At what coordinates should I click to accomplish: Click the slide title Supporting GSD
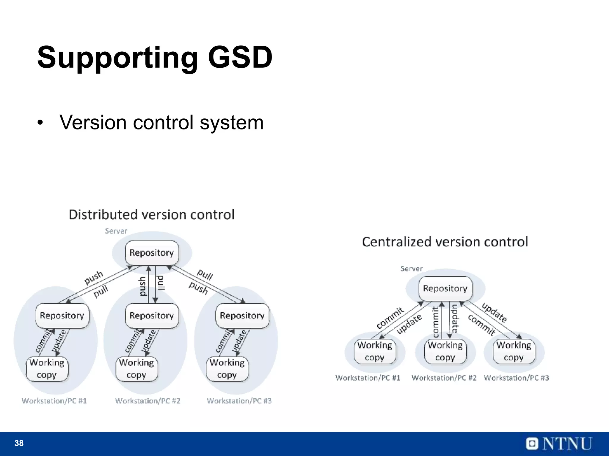point(155,57)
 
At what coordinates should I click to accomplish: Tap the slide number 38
point(19,443)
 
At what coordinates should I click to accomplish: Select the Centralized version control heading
point(445,242)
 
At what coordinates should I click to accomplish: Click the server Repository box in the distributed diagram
point(152,253)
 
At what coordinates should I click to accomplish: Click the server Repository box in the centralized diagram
point(445,289)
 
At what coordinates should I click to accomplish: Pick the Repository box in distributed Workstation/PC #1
point(62,316)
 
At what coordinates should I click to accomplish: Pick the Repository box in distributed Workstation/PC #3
point(242,316)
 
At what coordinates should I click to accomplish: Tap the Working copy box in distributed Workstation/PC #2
point(136,369)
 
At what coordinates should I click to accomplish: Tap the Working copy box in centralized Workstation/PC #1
point(375,351)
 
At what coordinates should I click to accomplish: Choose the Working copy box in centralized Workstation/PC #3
point(514,351)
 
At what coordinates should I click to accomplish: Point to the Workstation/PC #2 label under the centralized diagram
point(444,378)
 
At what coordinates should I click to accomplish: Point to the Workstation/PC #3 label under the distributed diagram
point(239,401)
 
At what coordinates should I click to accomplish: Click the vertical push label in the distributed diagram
point(143,286)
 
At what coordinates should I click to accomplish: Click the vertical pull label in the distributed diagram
point(161,283)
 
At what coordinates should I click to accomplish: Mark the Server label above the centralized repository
point(412,269)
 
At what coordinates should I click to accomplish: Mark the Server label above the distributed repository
point(116,231)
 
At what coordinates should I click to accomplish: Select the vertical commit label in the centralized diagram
point(436,322)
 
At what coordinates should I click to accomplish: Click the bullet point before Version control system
point(40,123)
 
